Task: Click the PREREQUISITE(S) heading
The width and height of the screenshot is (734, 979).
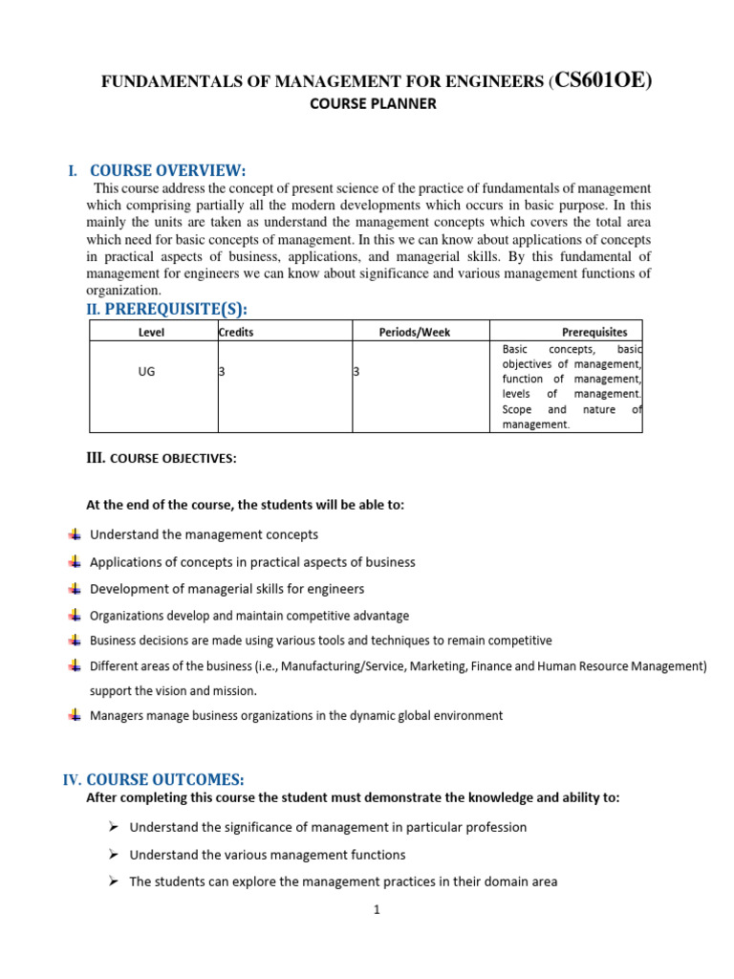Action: click(182, 308)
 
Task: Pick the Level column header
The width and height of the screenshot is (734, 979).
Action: click(152, 332)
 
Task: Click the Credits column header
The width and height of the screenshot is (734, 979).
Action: click(236, 332)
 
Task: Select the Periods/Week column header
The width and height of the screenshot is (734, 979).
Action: click(415, 332)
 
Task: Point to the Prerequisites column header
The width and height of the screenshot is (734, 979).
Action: click(594, 332)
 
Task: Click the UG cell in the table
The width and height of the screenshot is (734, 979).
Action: click(146, 372)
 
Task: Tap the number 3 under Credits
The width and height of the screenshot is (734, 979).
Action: click(222, 372)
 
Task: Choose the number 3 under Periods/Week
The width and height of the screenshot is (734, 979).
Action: click(356, 372)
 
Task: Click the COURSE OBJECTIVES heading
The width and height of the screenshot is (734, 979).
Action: click(173, 459)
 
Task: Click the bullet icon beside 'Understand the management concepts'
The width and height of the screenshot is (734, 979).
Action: click(75, 534)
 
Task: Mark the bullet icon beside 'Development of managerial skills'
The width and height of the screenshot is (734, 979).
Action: click(75, 588)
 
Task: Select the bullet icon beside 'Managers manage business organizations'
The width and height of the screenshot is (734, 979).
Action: click(75, 715)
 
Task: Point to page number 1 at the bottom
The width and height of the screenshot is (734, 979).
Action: click(378, 910)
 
